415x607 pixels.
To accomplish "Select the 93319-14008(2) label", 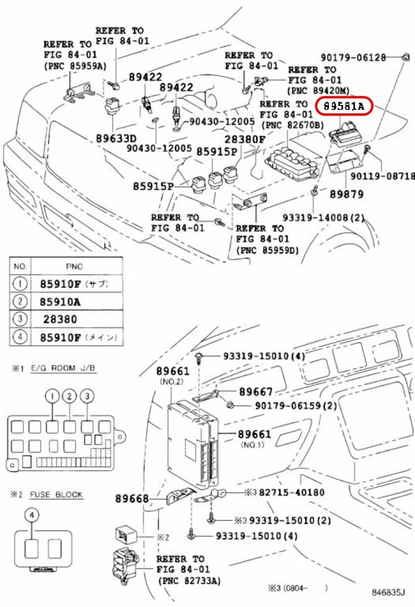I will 323,218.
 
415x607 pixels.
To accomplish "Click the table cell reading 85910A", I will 60,302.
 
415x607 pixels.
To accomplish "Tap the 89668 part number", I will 132,499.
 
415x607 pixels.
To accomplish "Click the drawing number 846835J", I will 388,592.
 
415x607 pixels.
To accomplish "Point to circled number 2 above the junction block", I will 69,396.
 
